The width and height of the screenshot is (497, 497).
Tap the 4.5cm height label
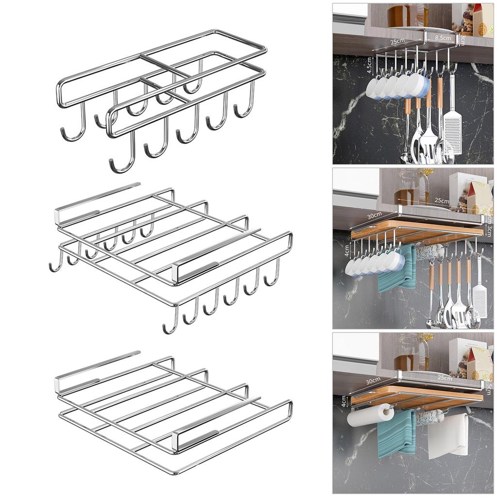[x=369, y=65]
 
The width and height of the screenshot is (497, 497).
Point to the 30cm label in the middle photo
[x=374, y=215]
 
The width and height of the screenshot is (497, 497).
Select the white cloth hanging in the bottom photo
[x=452, y=433]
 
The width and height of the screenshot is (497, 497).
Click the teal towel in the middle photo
[x=396, y=270]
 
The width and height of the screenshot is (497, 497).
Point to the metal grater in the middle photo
[x=479, y=298]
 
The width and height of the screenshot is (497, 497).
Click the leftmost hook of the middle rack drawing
[x=54, y=266]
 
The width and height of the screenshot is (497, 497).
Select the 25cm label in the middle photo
[x=441, y=200]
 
